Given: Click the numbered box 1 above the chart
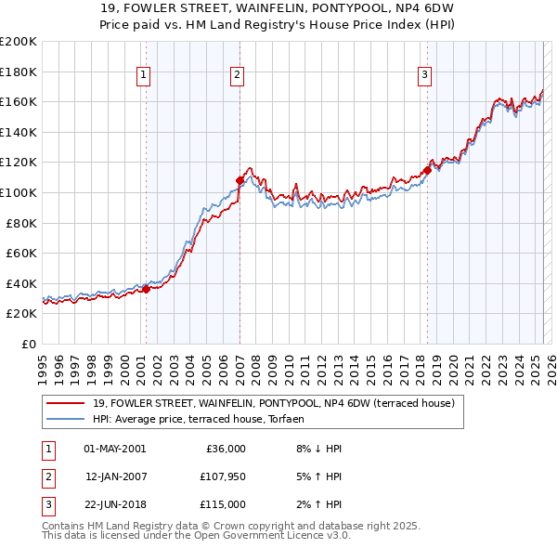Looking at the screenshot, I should click(x=145, y=76).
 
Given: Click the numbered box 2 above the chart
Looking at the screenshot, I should click(x=238, y=76).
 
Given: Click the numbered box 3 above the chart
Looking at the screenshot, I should click(x=424, y=76).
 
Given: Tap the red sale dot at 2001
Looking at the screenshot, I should click(x=147, y=290).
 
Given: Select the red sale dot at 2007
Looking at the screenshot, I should click(x=240, y=180).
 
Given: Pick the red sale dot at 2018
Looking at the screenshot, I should click(x=427, y=170).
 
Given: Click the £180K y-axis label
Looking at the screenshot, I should click(x=19, y=72).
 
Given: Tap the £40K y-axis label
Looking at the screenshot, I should click(x=21, y=283).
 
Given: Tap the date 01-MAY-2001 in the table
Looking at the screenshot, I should click(x=114, y=449).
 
